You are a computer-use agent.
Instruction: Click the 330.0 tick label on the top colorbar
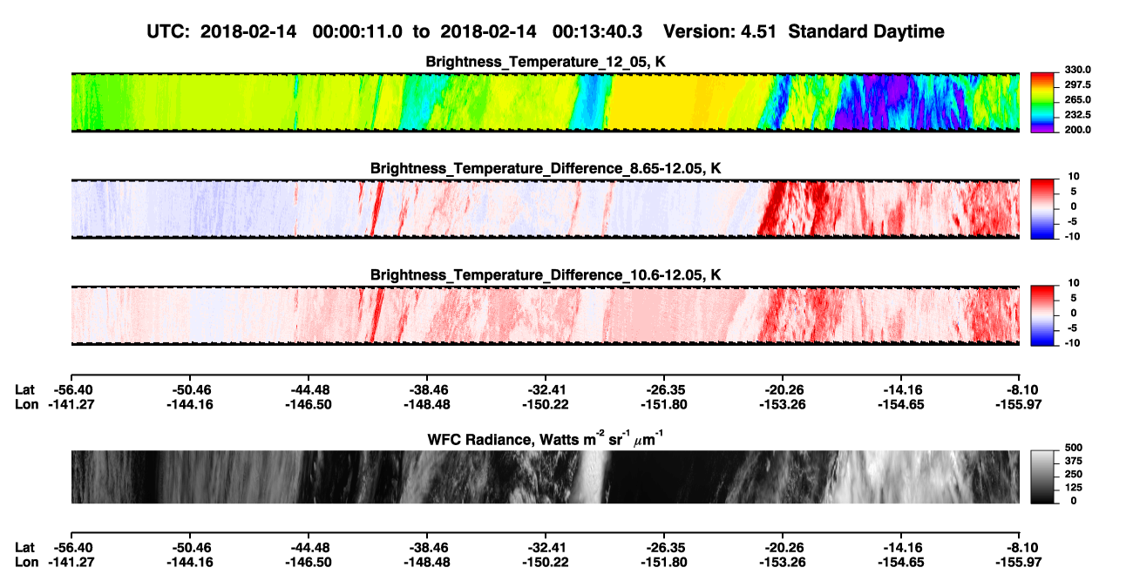pyautogui.click(x=1077, y=70)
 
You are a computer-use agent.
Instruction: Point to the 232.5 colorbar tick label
pyautogui.click(x=1077, y=115)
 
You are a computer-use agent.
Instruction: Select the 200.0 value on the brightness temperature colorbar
pyautogui.click(x=1077, y=130)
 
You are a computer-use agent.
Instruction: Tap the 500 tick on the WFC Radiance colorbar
pyautogui.click(x=1074, y=448)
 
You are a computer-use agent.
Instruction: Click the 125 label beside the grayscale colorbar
pyautogui.click(x=1074, y=488)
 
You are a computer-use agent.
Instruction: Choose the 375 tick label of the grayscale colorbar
pyautogui.click(x=1074, y=461)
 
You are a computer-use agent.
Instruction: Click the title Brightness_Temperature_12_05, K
pyautogui.click(x=546, y=62)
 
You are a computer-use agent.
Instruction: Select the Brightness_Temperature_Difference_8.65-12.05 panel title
pyautogui.click(x=546, y=168)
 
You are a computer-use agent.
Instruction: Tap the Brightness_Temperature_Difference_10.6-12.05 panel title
pyautogui.click(x=546, y=275)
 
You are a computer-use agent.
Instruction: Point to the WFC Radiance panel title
pyautogui.click(x=546, y=439)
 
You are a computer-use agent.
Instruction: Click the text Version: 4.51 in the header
pyautogui.click(x=719, y=31)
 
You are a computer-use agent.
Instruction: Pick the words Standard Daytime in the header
pyautogui.click(x=866, y=31)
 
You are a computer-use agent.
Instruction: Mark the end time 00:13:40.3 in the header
pyautogui.click(x=597, y=31)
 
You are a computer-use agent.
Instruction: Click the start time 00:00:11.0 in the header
pyautogui.click(x=357, y=31)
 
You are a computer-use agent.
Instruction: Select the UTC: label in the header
pyautogui.click(x=168, y=31)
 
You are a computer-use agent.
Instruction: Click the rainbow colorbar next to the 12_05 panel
pyautogui.click(x=1042, y=103)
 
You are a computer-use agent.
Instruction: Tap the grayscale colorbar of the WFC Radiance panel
pyautogui.click(x=1042, y=476)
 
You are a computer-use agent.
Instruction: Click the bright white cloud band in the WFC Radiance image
pyautogui.click(x=593, y=476)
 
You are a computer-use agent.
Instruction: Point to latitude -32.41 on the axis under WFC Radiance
pyautogui.click(x=546, y=548)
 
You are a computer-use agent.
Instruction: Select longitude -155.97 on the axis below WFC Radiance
pyautogui.click(x=1018, y=563)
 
